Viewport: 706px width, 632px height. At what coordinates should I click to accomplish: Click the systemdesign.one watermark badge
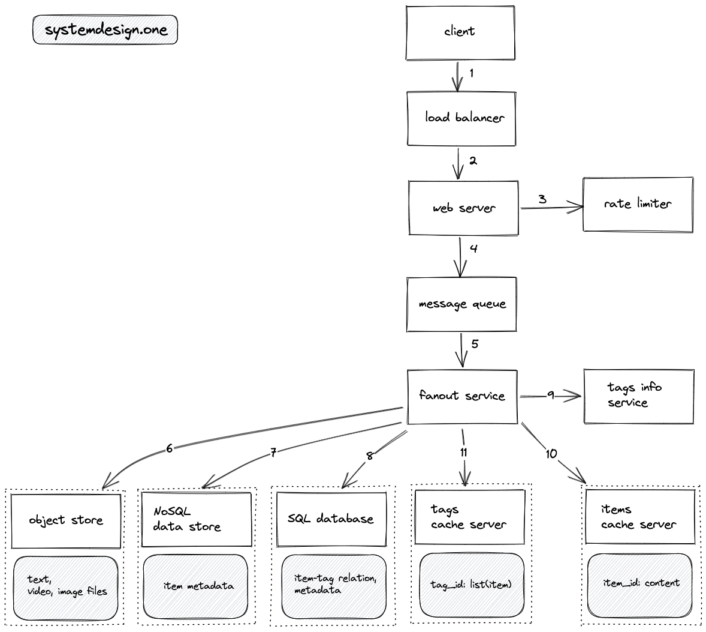tap(105, 30)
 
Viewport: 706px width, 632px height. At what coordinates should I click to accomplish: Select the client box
tap(460, 32)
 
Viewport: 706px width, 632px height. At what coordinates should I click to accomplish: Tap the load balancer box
tap(461, 118)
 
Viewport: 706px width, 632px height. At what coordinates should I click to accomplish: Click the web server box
tap(463, 208)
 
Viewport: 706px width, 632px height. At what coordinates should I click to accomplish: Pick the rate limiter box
tap(638, 205)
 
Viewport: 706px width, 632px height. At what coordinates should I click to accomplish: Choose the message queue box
tap(461, 304)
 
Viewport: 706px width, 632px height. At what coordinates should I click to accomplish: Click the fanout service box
tap(462, 396)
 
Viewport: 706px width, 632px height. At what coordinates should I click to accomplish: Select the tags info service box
tap(638, 396)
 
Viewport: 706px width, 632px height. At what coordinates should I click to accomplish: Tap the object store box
tap(66, 520)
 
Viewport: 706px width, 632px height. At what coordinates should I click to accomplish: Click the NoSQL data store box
tap(196, 519)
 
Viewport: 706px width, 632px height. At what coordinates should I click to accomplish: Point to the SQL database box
tap(330, 519)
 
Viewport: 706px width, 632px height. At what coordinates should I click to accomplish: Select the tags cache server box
tap(469, 517)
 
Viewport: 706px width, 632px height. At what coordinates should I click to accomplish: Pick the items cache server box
tap(639, 517)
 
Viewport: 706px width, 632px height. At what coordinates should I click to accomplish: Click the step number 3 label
tap(542, 199)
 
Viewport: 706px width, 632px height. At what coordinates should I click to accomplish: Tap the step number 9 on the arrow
tap(550, 396)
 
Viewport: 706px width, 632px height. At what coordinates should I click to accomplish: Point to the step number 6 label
tap(170, 448)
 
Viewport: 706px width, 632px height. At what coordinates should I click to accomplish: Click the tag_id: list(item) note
tap(471, 585)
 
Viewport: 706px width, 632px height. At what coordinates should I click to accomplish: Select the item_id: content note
tap(641, 583)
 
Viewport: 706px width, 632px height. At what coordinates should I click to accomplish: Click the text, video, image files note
tap(66, 587)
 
